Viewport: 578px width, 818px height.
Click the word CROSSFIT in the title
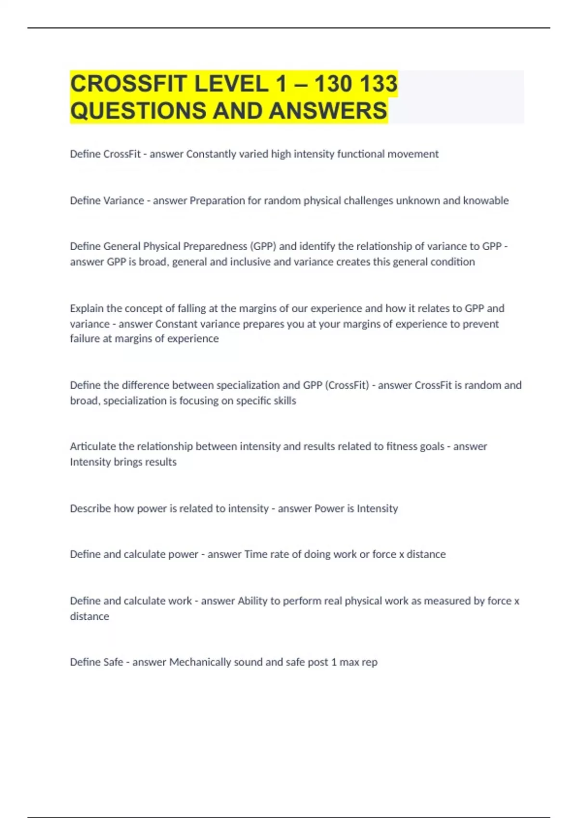129,84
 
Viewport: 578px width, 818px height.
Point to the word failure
85,339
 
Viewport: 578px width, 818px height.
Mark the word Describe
90,509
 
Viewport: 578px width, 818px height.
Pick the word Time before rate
255,554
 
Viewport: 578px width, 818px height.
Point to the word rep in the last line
369,662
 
